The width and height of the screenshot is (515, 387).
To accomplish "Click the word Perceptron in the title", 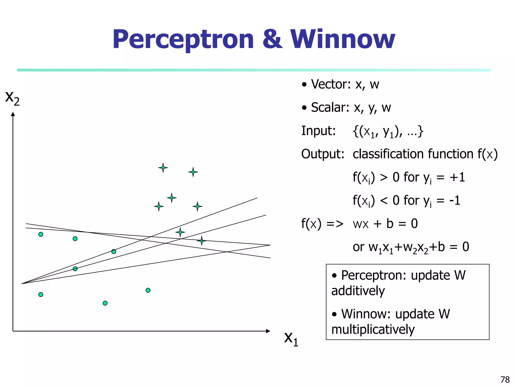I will click(183, 40).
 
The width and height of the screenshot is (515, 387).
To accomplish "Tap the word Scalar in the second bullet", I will click(330, 108).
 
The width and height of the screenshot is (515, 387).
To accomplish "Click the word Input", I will click(318, 131).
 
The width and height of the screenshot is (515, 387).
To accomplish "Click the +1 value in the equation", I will click(457, 177).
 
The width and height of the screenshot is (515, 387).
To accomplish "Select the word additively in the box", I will click(358, 291).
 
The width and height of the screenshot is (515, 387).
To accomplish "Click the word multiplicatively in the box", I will click(373, 330).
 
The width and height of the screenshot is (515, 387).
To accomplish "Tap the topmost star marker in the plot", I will click(163, 168).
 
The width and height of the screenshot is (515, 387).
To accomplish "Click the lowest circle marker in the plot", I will click(105, 303).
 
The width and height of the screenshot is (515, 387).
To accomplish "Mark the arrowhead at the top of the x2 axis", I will click(13, 114).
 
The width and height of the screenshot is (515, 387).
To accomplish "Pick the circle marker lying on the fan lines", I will click(75, 269).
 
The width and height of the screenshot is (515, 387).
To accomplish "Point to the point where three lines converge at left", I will click(22, 284).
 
